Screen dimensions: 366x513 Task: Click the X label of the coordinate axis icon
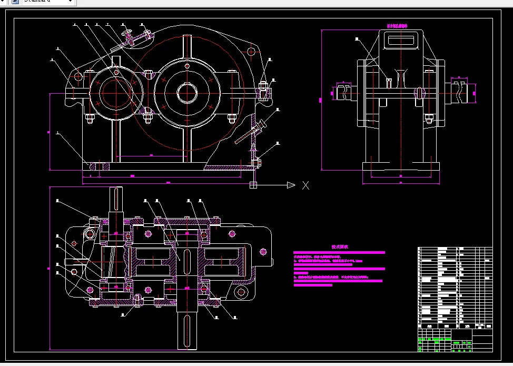click(x=305, y=185)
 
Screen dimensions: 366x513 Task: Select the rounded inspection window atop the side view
click(x=402, y=40)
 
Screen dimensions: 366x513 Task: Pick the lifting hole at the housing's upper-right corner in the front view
click(x=252, y=52)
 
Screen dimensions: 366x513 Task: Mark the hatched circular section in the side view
click(x=420, y=93)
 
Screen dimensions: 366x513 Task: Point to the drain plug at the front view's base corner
click(x=257, y=163)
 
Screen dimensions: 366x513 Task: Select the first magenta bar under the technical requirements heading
click(x=339, y=253)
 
